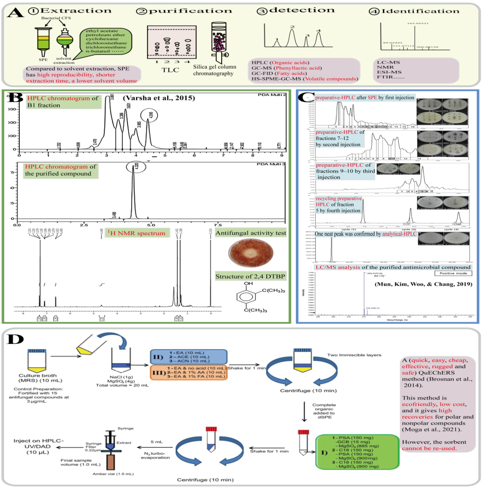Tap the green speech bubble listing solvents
tap(106, 41)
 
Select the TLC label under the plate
tap(170, 70)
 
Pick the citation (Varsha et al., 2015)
tap(159, 98)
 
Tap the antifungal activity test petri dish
tap(251, 253)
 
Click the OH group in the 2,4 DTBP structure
tap(248, 283)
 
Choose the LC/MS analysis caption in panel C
tap(393, 267)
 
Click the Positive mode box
tap(453, 274)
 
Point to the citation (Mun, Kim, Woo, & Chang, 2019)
tap(423, 284)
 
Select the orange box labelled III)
tap(189, 372)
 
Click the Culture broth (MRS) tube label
tap(38, 378)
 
